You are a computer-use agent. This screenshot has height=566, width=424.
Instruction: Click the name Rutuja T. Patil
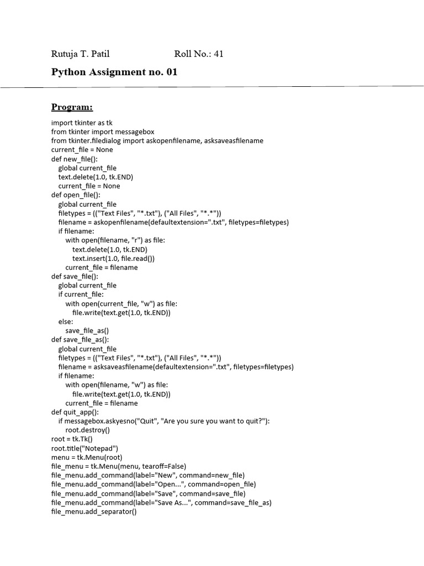(80, 54)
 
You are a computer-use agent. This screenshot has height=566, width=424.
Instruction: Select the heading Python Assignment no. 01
(114, 72)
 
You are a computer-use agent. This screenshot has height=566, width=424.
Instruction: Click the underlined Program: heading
(72, 107)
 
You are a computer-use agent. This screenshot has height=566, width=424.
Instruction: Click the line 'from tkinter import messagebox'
(103, 132)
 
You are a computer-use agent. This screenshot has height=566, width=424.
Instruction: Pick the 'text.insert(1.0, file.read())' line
(114, 258)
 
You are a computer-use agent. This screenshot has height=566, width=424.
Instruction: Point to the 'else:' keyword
(66, 322)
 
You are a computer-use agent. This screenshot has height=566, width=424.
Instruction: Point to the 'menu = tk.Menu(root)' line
(87, 457)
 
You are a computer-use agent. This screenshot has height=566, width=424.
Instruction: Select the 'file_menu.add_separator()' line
(93, 511)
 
